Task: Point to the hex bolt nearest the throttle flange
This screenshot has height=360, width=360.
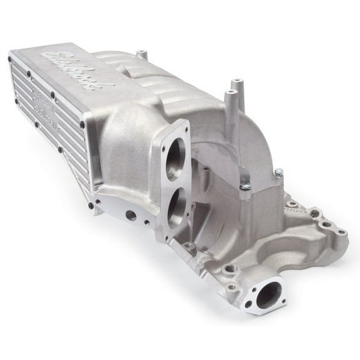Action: [244, 186]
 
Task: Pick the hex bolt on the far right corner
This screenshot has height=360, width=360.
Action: [278, 171]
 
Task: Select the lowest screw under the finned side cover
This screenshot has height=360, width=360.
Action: [92, 205]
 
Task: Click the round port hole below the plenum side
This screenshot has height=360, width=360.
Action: [130, 215]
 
